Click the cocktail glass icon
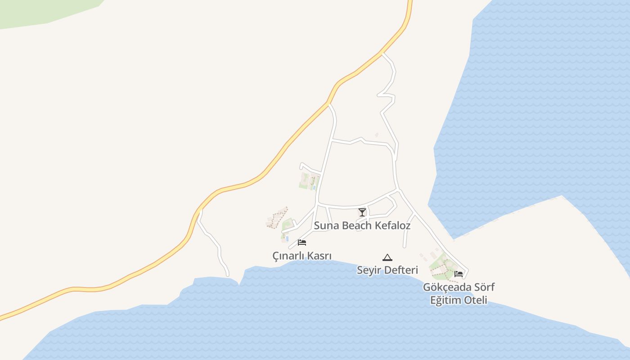click(x=362, y=212)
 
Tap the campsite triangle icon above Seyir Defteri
click(x=387, y=258)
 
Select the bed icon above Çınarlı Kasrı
click(x=302, y=243)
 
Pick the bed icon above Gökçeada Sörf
click(x=459, y=274)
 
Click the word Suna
click(x=326, y=225)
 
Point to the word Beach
click(x=356, y=225)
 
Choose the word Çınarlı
click(x=288, y=256)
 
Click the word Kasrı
click(x=319, y=256)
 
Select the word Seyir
click(x=367, y=270)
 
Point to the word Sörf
click(x=484, y=287)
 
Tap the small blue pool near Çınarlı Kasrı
click(x=287, y=238)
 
